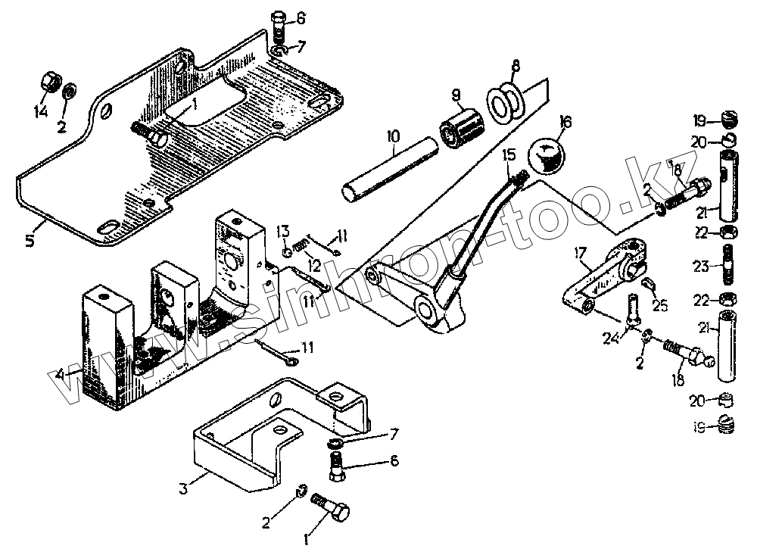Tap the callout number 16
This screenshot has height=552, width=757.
(565, 123)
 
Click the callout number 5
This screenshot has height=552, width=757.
(30, 242)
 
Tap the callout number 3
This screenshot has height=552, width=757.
(182, 488)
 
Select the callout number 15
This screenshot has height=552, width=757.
(509, 153)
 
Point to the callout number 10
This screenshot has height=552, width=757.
(392, 137)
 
